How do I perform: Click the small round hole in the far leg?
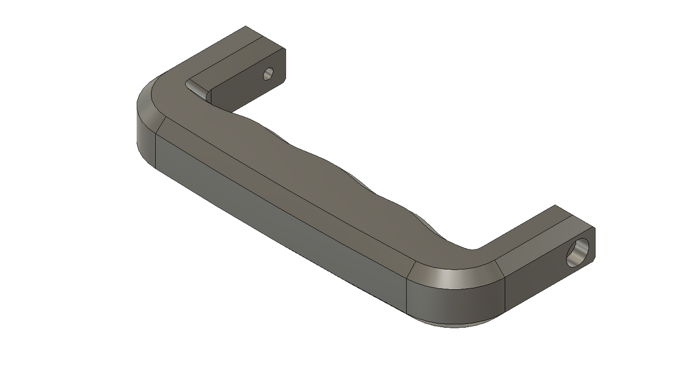[268, 74]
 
